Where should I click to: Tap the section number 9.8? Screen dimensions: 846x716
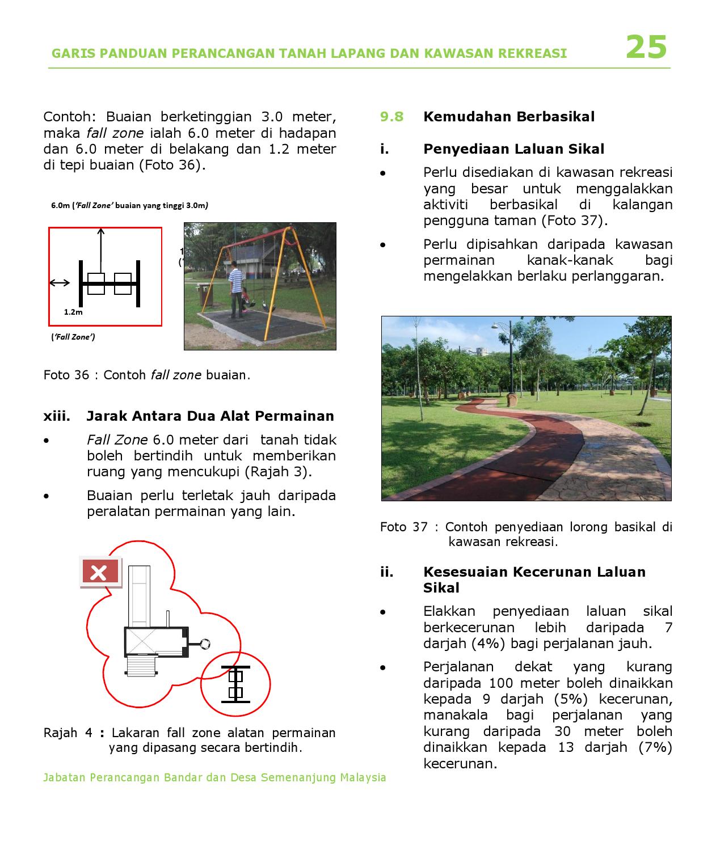tap(391, 117)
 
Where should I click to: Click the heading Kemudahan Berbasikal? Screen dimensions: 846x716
tap(508, 117)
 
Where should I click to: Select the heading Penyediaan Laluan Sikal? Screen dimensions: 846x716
tap(513, 149)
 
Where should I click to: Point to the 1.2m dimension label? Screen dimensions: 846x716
tap(73, 312)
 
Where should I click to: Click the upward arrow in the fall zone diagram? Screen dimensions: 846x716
tap(101, 249)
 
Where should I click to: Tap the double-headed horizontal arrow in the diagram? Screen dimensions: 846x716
tap(60, 283)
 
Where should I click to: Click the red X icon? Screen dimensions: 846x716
tap(100, 572)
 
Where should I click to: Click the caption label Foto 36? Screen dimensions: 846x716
tap(66, 375)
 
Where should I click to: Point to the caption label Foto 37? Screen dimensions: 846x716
tap(403, 527)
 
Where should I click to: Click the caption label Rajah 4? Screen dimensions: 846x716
tap(68, 733)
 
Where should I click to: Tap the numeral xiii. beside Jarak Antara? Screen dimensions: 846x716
tap(57, 416)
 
